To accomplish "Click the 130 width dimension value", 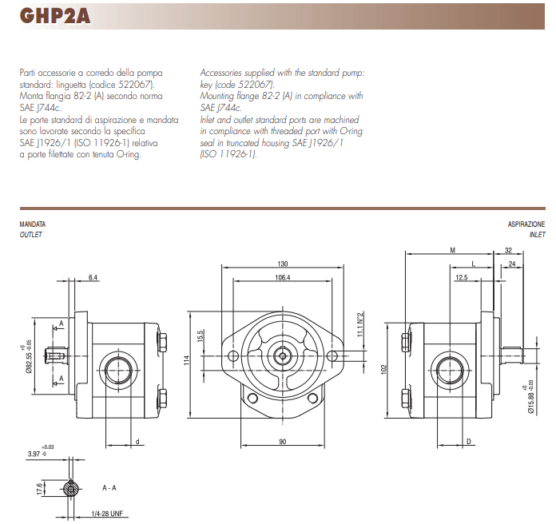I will pos(282,264).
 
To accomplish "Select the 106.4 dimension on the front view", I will pos(282,278).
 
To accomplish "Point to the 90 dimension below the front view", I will pos(282,442).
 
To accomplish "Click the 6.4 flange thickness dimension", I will pos(93,278).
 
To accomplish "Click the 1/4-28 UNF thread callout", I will pos(105,512).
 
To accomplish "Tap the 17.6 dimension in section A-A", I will pos(39,488).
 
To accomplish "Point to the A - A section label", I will pos(109,486).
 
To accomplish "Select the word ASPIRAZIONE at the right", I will pos(526,225).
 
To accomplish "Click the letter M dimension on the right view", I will pos(453,250).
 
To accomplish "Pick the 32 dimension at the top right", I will pos(508,250).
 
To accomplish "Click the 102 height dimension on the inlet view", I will pos(383,370).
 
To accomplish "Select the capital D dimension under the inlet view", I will pos(469,441).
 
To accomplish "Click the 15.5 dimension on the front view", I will pos(202,336).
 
